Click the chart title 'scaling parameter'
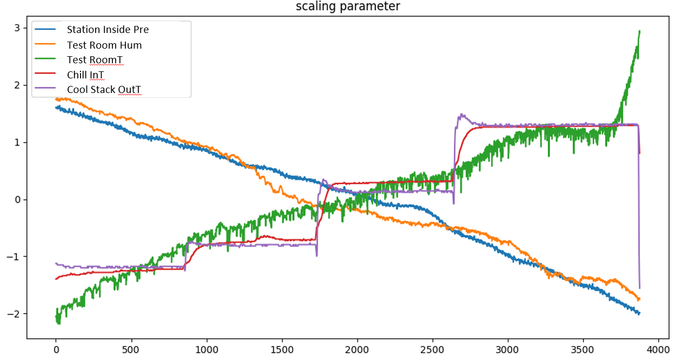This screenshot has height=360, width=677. [x=348, y=6]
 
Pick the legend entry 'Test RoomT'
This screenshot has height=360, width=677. [x=95, y=60]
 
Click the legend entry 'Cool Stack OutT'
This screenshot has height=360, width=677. [x=104, y=89]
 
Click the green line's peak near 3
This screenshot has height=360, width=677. [x=639, y=31]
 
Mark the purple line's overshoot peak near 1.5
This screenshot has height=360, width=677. [x=461, y=114]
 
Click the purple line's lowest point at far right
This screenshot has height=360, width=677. [x=640, y=288]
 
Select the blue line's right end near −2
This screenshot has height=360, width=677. [x=639, y=314]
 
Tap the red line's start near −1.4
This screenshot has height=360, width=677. [x=56, y=279]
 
